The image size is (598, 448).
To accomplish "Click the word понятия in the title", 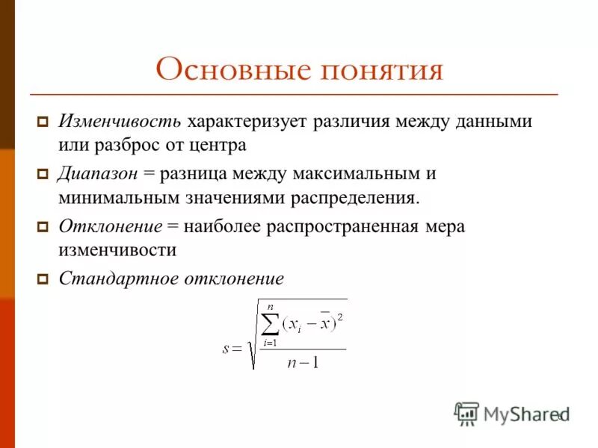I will click(382, 70).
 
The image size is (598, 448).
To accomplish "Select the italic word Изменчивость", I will click(120, 121).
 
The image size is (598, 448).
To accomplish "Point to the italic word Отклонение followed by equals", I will click(110, 226).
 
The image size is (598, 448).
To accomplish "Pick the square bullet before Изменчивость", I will click(43, 122).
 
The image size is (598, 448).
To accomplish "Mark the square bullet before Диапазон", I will click(43, 174).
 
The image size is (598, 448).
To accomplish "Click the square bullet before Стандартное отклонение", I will click(43, 279).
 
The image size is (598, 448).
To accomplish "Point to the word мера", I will click(443, 226).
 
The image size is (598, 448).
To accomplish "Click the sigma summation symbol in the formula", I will click(270, 323).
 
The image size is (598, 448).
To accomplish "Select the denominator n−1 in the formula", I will click(303, 364).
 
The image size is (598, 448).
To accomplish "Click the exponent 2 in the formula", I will click(341, 317).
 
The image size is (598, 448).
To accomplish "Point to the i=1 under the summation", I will click(270, 342).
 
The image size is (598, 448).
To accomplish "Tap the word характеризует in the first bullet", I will click(247, 121).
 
